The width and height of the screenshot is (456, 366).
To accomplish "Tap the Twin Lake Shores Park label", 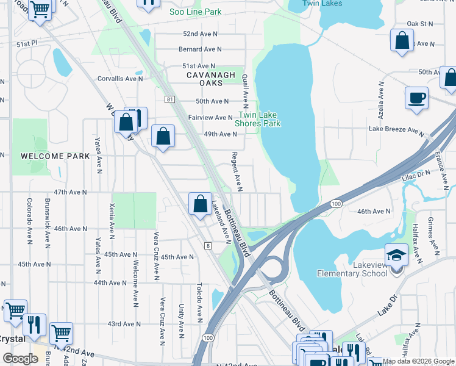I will point(259,119).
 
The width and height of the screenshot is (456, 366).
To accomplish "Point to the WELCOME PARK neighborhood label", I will point(55,156).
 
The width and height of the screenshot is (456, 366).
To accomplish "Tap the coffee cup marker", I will point(416,98).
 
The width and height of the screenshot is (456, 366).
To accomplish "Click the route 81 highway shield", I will point(169,98).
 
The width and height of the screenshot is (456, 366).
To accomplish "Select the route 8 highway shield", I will point(207,245).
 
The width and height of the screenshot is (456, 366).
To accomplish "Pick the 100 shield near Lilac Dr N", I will point(335,202).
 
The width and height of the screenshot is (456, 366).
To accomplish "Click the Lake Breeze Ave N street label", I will point(396,129).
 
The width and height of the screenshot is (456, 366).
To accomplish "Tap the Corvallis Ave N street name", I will point(120,79).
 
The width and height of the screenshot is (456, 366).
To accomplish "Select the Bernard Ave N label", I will point(199,49).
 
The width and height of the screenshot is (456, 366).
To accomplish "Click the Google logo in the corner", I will point(21,359).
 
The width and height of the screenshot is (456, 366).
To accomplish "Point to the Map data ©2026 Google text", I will point(418,361).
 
